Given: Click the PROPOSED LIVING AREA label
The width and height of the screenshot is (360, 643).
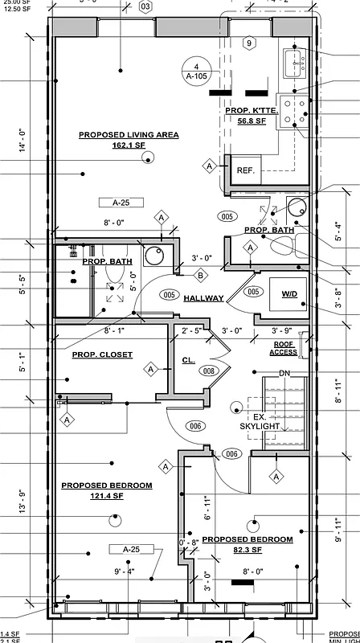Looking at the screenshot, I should pyautogui.click(x=129, y=134).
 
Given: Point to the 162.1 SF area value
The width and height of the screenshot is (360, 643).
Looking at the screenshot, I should pyautogui.click(x=129, y=145).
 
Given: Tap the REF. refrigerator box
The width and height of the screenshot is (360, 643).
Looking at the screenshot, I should pyautogui.click(x=245, y=170).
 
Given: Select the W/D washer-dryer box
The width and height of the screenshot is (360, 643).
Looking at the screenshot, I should pyautogui.click(x=288, y=295).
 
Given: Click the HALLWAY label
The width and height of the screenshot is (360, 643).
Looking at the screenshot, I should pyautogui.click(x=203, y=298).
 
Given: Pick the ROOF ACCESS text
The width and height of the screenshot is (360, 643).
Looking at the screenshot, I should pyautogui.click(x=284, y=348).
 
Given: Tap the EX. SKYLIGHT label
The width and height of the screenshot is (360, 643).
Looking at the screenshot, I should pyautogui.click(x=260, y=422).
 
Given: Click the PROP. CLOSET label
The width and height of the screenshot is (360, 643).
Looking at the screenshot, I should pyautogui.click(x=102, y=354).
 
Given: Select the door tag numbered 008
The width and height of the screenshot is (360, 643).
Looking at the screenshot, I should pyautogui.click(x=209, y=371).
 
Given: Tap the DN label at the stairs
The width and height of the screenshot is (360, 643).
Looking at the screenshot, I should pyautogui.click(x=284, y=373).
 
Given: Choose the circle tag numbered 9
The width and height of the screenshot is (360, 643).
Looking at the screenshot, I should pyautogui.click(x=249, y=43).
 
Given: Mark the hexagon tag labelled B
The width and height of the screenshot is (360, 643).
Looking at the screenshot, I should pyautogui.click(x=200, y=276).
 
